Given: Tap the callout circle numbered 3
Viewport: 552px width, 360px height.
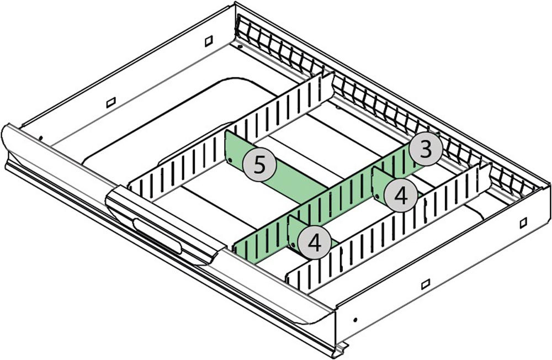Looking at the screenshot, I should (425, 149).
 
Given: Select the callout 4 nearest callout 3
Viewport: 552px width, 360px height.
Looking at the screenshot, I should (401, 195).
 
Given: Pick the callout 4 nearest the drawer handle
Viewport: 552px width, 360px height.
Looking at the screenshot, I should (314, 243).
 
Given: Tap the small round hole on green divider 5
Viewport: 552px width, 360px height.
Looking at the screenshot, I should (231, 161).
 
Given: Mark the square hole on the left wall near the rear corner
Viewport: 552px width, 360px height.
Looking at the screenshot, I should (208, 41).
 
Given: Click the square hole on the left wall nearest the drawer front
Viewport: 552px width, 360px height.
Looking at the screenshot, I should (110, 102).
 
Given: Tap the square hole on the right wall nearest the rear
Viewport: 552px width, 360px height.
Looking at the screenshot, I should (523, 222).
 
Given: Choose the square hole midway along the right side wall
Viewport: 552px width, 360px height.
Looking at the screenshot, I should (425, 285).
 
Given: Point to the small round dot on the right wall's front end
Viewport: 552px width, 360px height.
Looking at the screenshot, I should (355, 319).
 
